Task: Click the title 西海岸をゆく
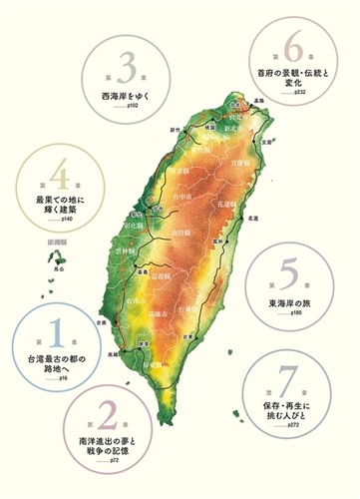pos(124,96)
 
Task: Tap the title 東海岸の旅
pos(289,302)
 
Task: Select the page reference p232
pos(300,91)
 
